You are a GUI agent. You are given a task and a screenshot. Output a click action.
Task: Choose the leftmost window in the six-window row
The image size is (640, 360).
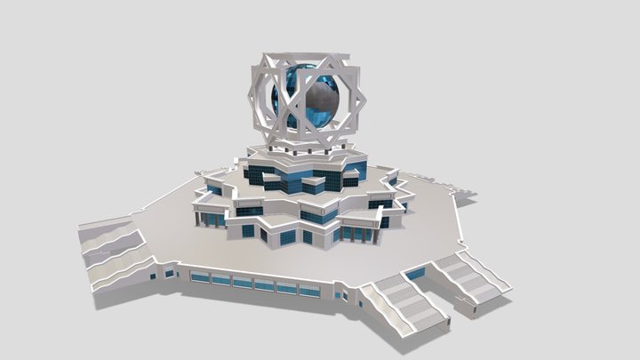200,277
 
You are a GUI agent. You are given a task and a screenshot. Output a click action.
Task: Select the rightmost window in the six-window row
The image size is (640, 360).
309,290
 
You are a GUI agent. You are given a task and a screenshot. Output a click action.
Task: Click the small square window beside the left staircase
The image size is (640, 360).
169,275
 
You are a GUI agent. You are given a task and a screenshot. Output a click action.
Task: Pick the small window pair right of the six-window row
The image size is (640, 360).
342,293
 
